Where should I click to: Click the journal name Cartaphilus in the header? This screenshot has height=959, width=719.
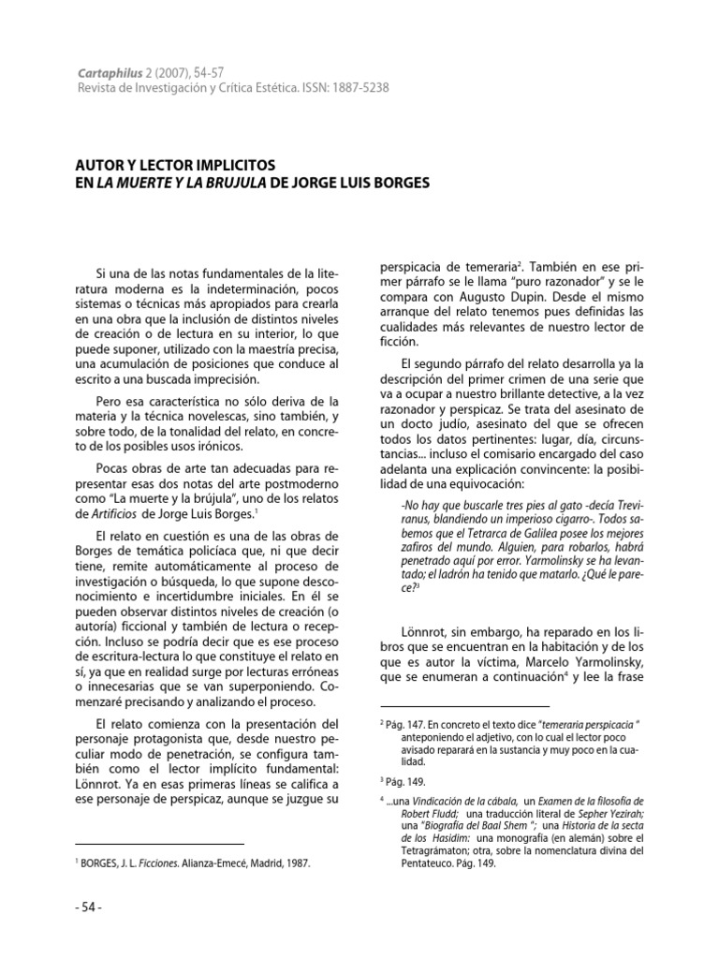[x=108, y=71]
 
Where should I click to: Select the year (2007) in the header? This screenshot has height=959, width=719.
[x=169, y=71]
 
